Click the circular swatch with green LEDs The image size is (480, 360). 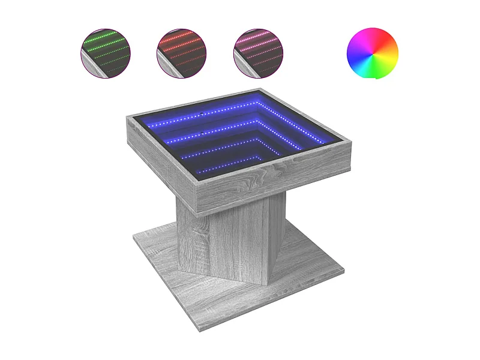[x=106, y=53]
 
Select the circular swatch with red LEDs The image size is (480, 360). [x=182, y=53]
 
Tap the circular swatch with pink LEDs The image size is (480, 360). [x=258, y=53]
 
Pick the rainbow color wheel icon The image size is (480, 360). [x=373, y=53]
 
